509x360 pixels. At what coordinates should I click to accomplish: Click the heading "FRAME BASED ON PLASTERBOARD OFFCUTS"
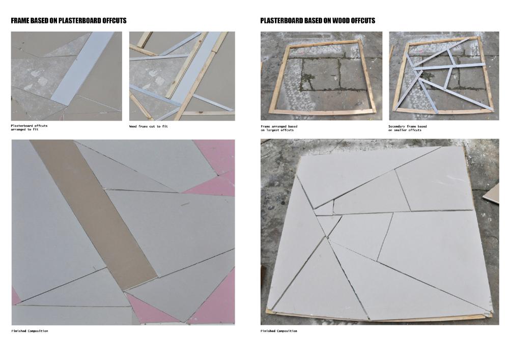(x=69, y=21)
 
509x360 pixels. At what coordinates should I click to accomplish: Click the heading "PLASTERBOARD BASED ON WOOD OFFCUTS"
(x=318, y=21)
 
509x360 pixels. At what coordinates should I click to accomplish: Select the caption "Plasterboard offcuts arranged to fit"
(x=29, y=127)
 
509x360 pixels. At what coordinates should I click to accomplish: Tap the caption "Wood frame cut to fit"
(x=148, y=126)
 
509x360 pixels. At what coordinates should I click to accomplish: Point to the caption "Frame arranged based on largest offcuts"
(x=279, y=128)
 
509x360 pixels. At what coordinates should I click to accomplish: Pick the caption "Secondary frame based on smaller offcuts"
(x=407, y=128)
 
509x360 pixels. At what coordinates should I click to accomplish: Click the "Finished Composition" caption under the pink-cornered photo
(x=30, y=331)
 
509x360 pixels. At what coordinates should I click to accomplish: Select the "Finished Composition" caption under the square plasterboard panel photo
(x=278, y=331)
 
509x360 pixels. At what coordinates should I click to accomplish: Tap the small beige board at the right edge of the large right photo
(x=491, y=197)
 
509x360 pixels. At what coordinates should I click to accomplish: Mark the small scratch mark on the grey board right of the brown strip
(x=185, y=204)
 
